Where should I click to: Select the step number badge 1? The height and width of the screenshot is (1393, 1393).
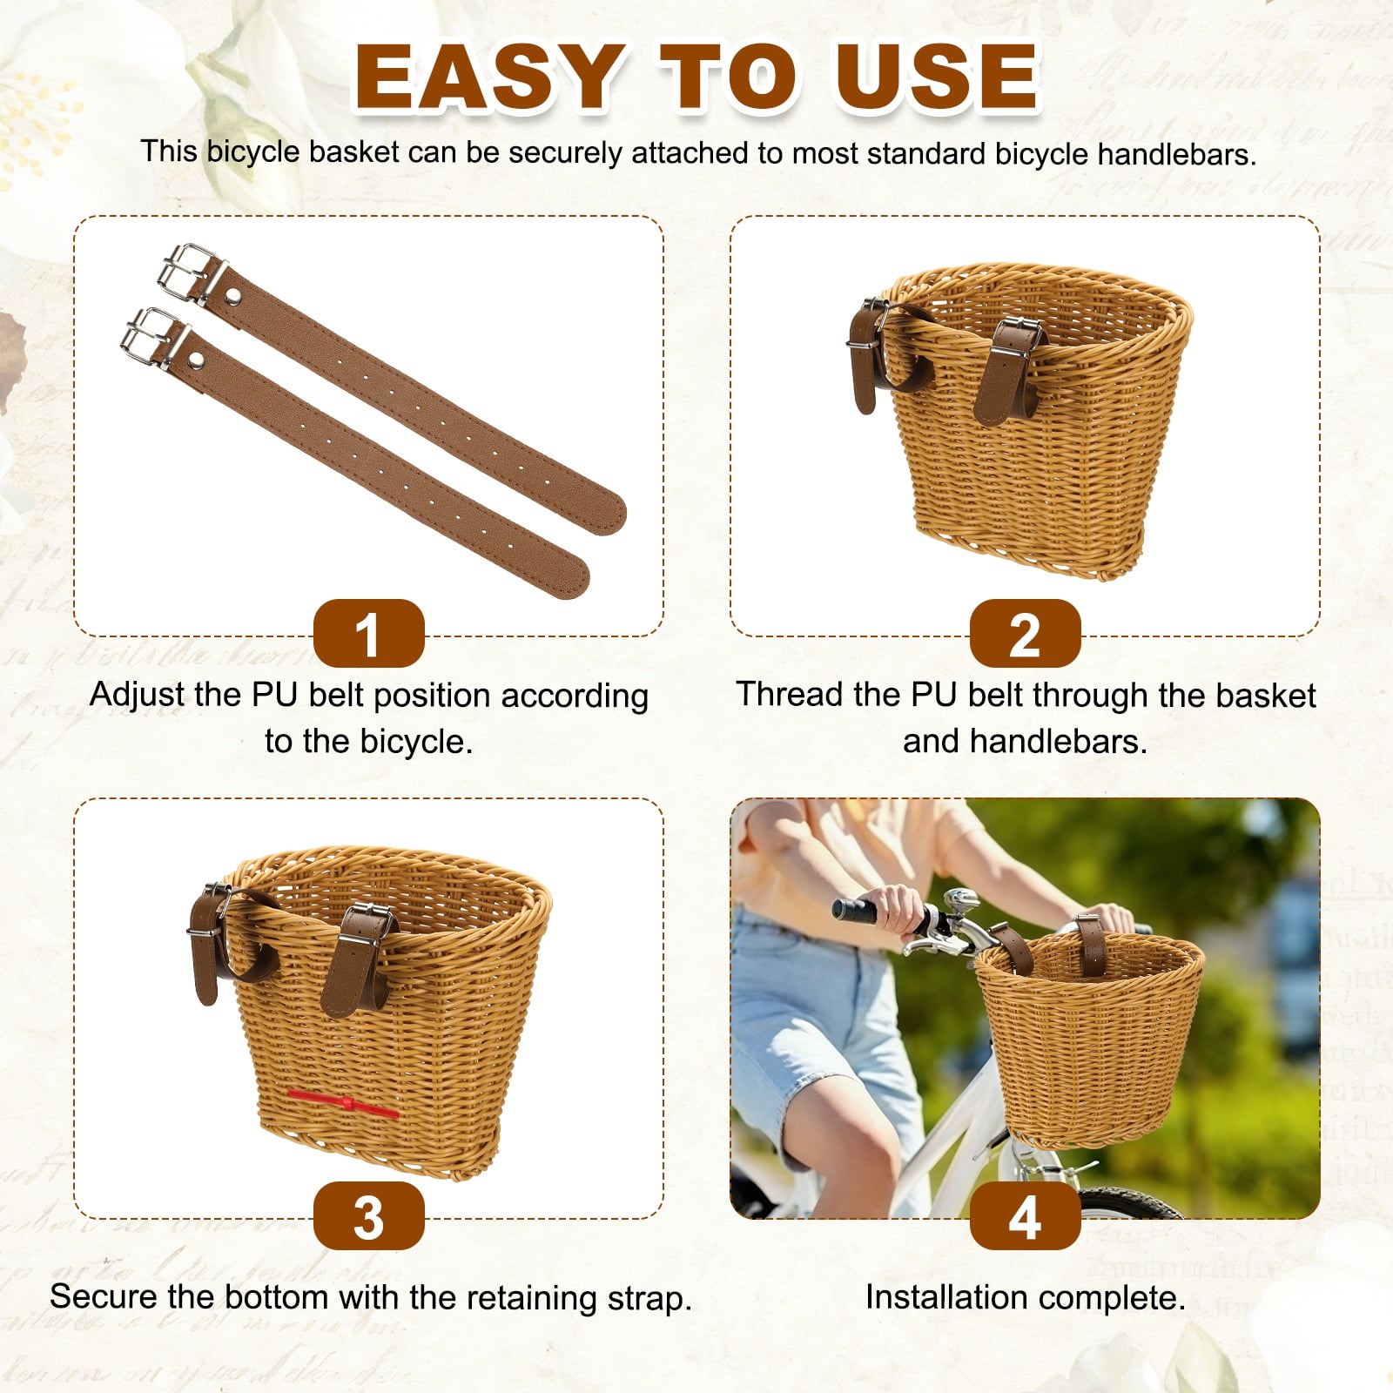368,634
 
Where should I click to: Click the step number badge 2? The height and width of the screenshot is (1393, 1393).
1025,634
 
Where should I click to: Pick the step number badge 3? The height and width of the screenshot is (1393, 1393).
368,1216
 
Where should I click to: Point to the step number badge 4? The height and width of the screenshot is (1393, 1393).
1025,1216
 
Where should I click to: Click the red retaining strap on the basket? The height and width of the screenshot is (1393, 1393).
343,1104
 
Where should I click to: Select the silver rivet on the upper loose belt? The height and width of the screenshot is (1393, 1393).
232,299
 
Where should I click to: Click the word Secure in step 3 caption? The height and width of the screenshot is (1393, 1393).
104,1296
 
